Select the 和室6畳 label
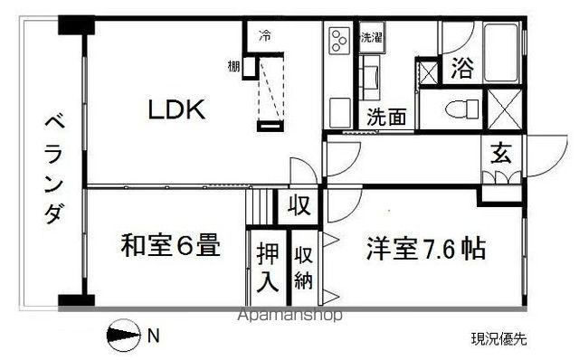point(171,245)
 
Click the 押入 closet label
point(268,266)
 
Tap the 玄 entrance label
point(501,154)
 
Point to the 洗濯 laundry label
point(372,38)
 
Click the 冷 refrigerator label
point(265,35)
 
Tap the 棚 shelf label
point(233,67)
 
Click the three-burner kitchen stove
point(340,40)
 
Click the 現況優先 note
point(498,339)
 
